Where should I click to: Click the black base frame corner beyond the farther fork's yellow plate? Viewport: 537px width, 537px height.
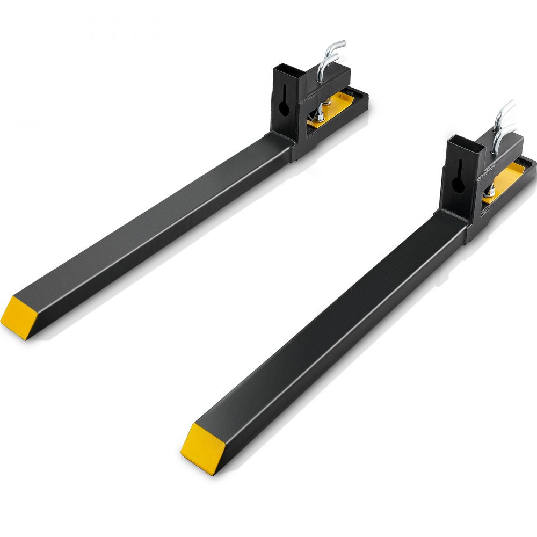pyautogui.click(x=363, y=99)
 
